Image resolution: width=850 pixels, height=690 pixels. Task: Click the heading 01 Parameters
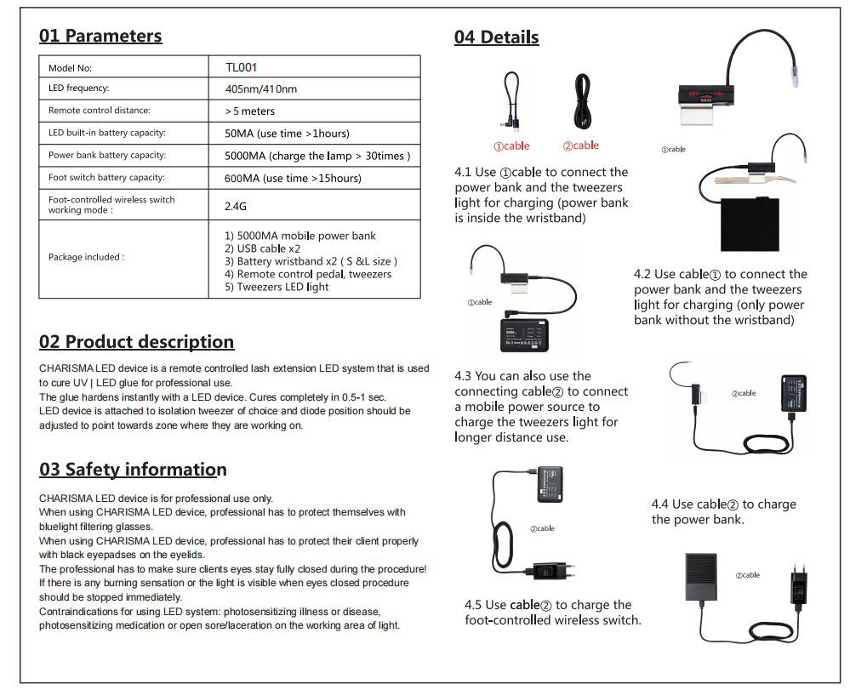pyautogui.click(x=100, y=36)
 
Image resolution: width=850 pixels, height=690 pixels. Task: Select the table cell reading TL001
pyautogui.click(x=241, y=67)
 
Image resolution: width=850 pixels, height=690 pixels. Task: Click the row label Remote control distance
pyautogui.click(x=99, y=111)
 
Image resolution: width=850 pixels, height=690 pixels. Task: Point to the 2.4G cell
pyautogui.click(x=236, y=206)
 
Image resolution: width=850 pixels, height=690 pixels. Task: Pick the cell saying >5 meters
pyautogui.click(x=249, y=111)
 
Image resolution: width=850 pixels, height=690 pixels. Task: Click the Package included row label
pyautogui.click(x=86, y=257)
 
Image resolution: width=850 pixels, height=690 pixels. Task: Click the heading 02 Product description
pyautogui.click(x=136, y=342)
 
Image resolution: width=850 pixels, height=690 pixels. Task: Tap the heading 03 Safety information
pyautogui.click(x=133, y=470)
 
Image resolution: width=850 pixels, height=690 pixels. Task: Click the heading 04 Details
pyautogui.click(x=496, y=37)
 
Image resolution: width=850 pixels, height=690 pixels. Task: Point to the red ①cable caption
pyautogui.click(x=511, y=145)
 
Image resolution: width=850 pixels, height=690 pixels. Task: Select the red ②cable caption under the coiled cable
pyautogui.click(x=580, y=145)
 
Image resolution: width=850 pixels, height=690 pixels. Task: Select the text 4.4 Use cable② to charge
pyautogui.click(x=723, y=505)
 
